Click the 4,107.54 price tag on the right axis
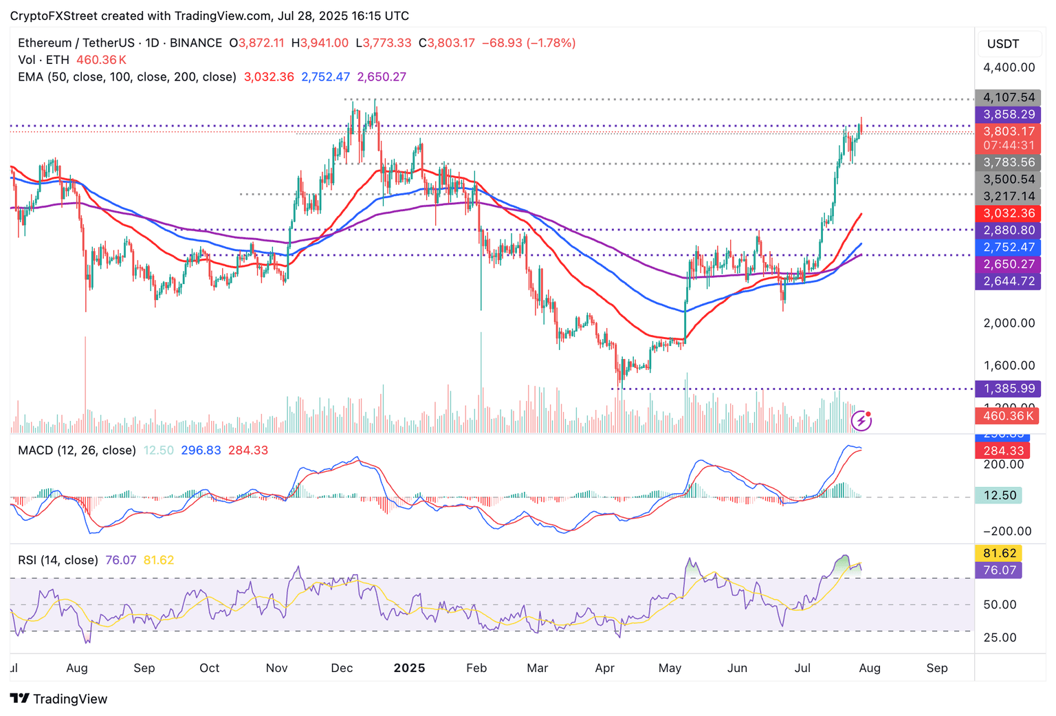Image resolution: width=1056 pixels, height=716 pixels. [1008, 98]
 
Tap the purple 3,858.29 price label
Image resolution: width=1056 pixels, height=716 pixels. [1008, 115]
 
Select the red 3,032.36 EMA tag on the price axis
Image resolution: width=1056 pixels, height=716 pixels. [1008, 213]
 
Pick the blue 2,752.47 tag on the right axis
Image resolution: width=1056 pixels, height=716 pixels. [1008, 247]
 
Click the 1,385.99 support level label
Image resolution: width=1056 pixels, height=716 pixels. [1008, 389]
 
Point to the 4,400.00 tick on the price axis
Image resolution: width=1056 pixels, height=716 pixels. [1009, 67]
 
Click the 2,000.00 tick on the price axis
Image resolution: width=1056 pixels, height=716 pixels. [1009, 323]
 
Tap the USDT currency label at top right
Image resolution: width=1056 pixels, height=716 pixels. [1003, 44]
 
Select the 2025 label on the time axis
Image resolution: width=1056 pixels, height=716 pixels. [409, 668]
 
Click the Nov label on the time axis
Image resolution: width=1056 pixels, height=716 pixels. [276, 668]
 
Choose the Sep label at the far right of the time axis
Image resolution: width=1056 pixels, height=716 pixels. [936, 668]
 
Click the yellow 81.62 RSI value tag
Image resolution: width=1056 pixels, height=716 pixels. [999, 553]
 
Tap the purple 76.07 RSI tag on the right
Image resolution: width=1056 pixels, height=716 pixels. [999, 570]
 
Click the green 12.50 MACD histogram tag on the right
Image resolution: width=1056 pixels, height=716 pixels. [999, 495]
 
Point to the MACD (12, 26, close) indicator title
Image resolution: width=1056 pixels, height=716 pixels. [77, 451]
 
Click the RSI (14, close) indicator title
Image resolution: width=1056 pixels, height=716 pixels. [58, 560]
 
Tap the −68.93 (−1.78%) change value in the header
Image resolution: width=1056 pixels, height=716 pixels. [528, 43]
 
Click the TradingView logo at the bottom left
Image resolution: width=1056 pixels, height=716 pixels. [59, 699]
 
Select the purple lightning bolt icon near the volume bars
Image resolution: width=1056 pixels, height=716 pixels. [861, 420]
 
